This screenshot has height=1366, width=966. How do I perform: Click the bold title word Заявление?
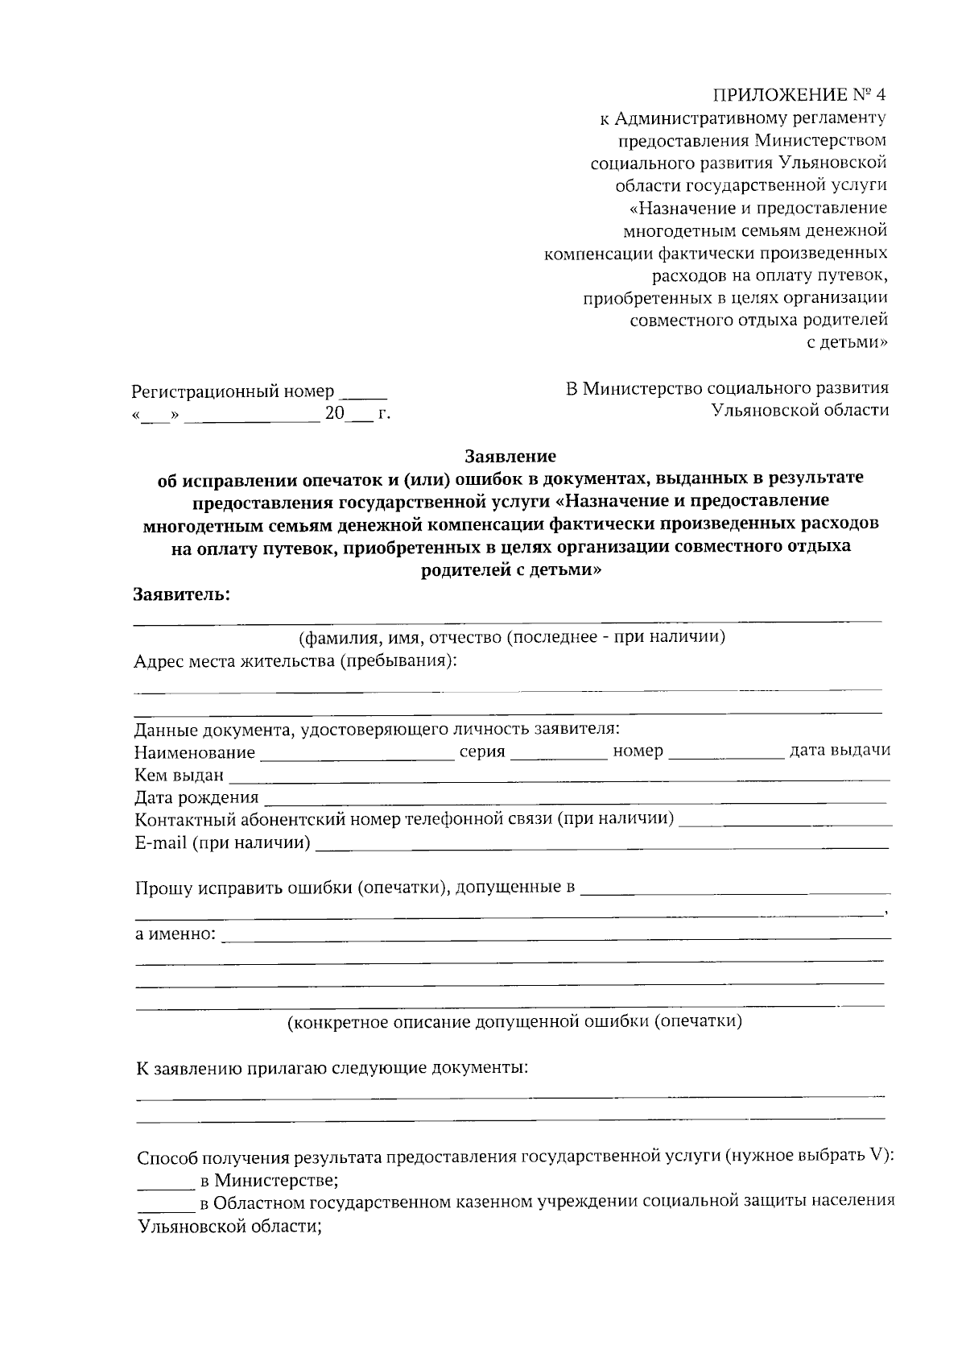coord(510,457)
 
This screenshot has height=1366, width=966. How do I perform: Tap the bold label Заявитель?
coord(181,595)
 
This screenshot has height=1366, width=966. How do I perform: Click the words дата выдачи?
coord(840,751)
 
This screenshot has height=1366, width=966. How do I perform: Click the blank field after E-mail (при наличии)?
coord(602,847)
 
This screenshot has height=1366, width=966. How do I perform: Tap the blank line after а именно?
coord(555,938)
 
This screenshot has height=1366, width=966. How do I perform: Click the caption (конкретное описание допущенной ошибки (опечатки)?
coord(515,1022)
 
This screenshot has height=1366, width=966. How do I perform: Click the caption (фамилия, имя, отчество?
coord(512,638)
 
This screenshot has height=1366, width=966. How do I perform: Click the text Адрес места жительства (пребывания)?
coord(295,661)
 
